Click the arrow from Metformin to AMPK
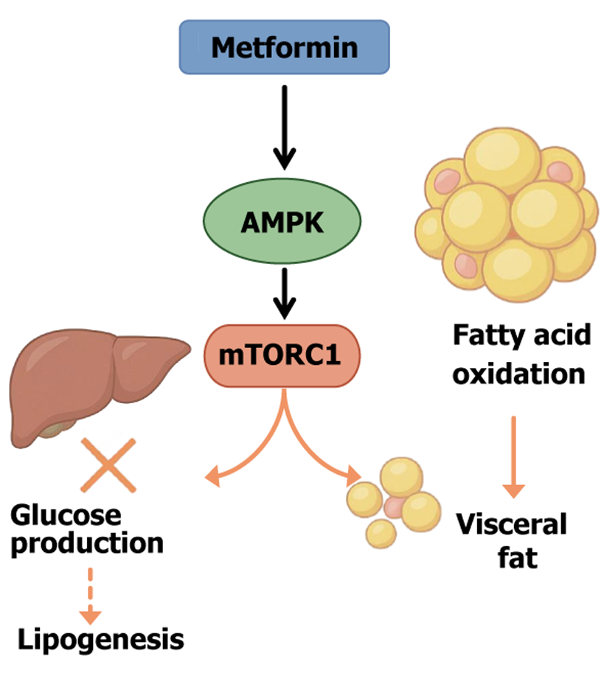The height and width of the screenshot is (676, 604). (x=284, y=125)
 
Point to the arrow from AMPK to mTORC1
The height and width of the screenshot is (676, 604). (x=284, y=292)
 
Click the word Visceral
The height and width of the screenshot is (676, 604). (x=512, y=526)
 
